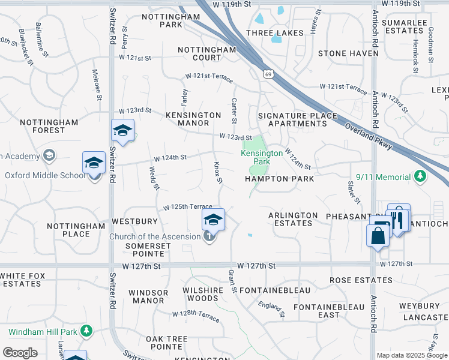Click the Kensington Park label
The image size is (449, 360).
point(262,157)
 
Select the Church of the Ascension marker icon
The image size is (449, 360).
point(209,236)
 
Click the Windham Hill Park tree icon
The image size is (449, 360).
point(87,331)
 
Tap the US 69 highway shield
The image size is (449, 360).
point(268,74)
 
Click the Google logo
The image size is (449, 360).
point(20,353)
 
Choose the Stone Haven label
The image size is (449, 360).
point(340,53)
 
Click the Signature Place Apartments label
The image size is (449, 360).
point(292,119)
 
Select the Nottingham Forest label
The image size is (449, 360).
point(49,126)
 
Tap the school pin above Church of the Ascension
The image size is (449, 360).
point(213,220)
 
